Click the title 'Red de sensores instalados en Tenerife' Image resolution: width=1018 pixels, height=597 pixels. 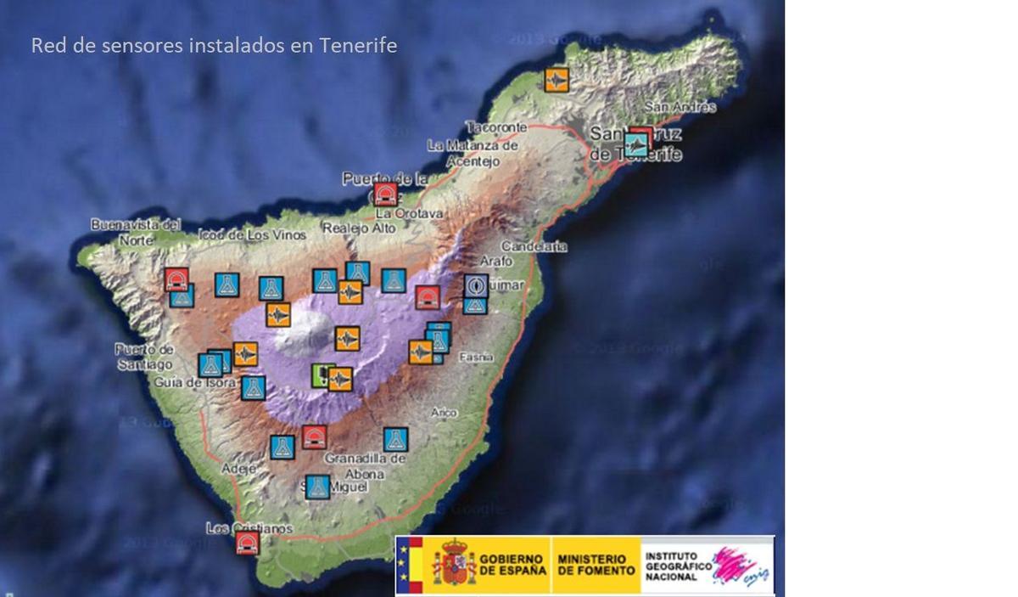[214, 45]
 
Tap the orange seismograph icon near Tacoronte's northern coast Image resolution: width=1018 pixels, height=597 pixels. [557, 80]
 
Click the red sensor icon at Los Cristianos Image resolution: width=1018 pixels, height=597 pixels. [247, 543]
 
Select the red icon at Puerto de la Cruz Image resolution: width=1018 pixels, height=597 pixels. [385, 194]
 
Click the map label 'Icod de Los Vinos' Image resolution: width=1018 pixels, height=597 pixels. [252, 234]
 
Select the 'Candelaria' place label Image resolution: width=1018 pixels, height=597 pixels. [534, 246]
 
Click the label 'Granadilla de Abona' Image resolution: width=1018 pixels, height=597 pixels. [366, 466]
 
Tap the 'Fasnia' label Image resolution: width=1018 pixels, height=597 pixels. [476, 358]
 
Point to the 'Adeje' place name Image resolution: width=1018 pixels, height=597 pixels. [238, 468]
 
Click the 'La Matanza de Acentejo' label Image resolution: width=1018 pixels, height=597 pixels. [472, 153]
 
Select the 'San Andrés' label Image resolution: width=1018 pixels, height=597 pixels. [680, 107]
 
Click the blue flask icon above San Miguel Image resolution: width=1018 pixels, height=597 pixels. [317, 487]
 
